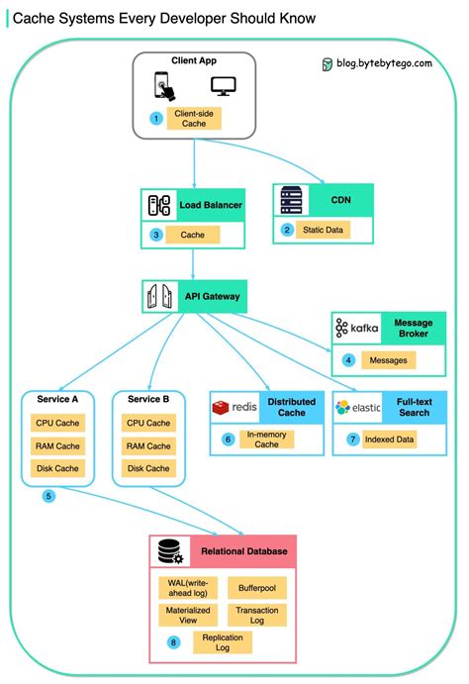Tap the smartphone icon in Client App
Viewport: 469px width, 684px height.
point(163,88)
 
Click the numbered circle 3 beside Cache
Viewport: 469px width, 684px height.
point(156,235)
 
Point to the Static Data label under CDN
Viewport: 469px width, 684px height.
point(324,230)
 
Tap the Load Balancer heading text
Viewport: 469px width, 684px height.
point(210,205)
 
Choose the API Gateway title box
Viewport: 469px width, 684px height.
point(193,295)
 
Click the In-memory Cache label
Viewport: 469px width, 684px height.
point(261,439)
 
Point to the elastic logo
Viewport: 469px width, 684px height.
point(358,407)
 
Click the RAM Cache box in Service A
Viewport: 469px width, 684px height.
point(57,445)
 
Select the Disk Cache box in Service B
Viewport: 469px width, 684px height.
point(148,468)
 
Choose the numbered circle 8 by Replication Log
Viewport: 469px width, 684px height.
point(174,642)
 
